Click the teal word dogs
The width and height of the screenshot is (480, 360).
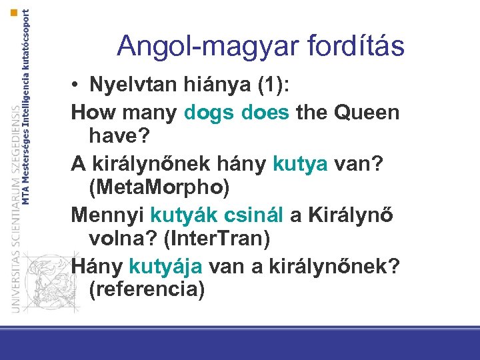pyautogui.click(x=211, y=112)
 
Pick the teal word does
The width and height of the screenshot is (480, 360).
pyautogui.click(x=266, y=112)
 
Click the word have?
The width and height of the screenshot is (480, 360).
pyautogui.click(x=120, y=136)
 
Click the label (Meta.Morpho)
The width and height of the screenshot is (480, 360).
pyautogui.click(x=159, y=188)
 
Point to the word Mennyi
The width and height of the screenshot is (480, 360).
pyautogui.click(x=107, y=214)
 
